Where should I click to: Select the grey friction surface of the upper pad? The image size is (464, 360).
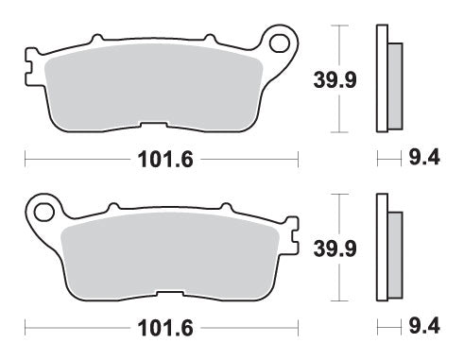pyautogui.click(x=151, y=90)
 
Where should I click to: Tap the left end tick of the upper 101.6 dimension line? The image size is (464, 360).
pyautogui.click(x=26, y=159)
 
